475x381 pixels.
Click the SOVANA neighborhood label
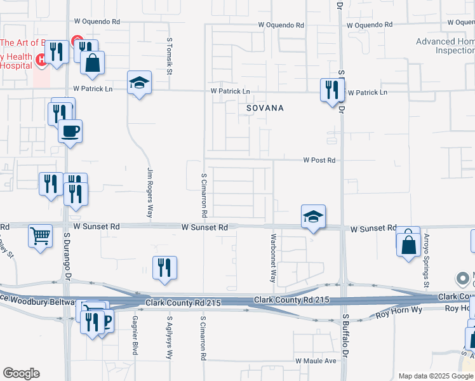(265, 108)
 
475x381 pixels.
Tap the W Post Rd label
(319, 161)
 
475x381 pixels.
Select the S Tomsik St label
(170, 56)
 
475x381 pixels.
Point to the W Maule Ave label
(316, 361)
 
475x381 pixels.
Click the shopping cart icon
(40, 237)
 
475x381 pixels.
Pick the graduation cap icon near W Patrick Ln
(139, 83)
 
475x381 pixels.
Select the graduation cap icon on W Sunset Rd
(313, 217)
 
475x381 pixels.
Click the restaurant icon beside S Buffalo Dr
(331, 90)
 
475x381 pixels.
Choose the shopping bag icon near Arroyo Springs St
(408, 243)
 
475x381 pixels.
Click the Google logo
(21, 373)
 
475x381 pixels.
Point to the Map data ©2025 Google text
(436, 376)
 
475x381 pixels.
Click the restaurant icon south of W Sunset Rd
(164, 268)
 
